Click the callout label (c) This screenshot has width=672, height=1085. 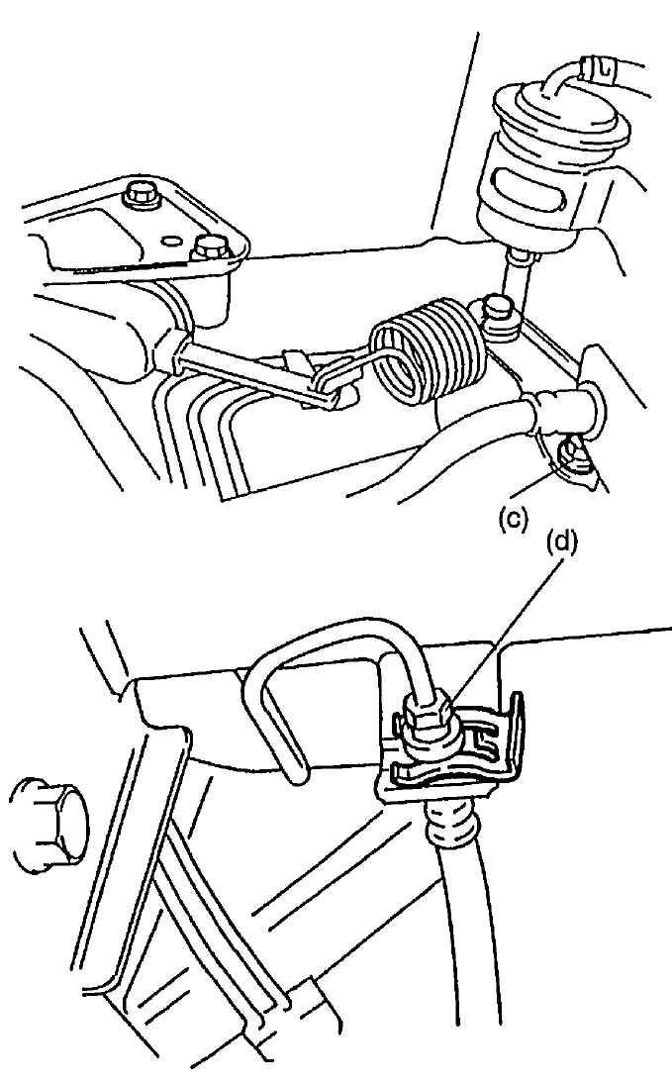click(x=514, y=518)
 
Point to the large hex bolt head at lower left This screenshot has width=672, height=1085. click(x=48, y=824)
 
